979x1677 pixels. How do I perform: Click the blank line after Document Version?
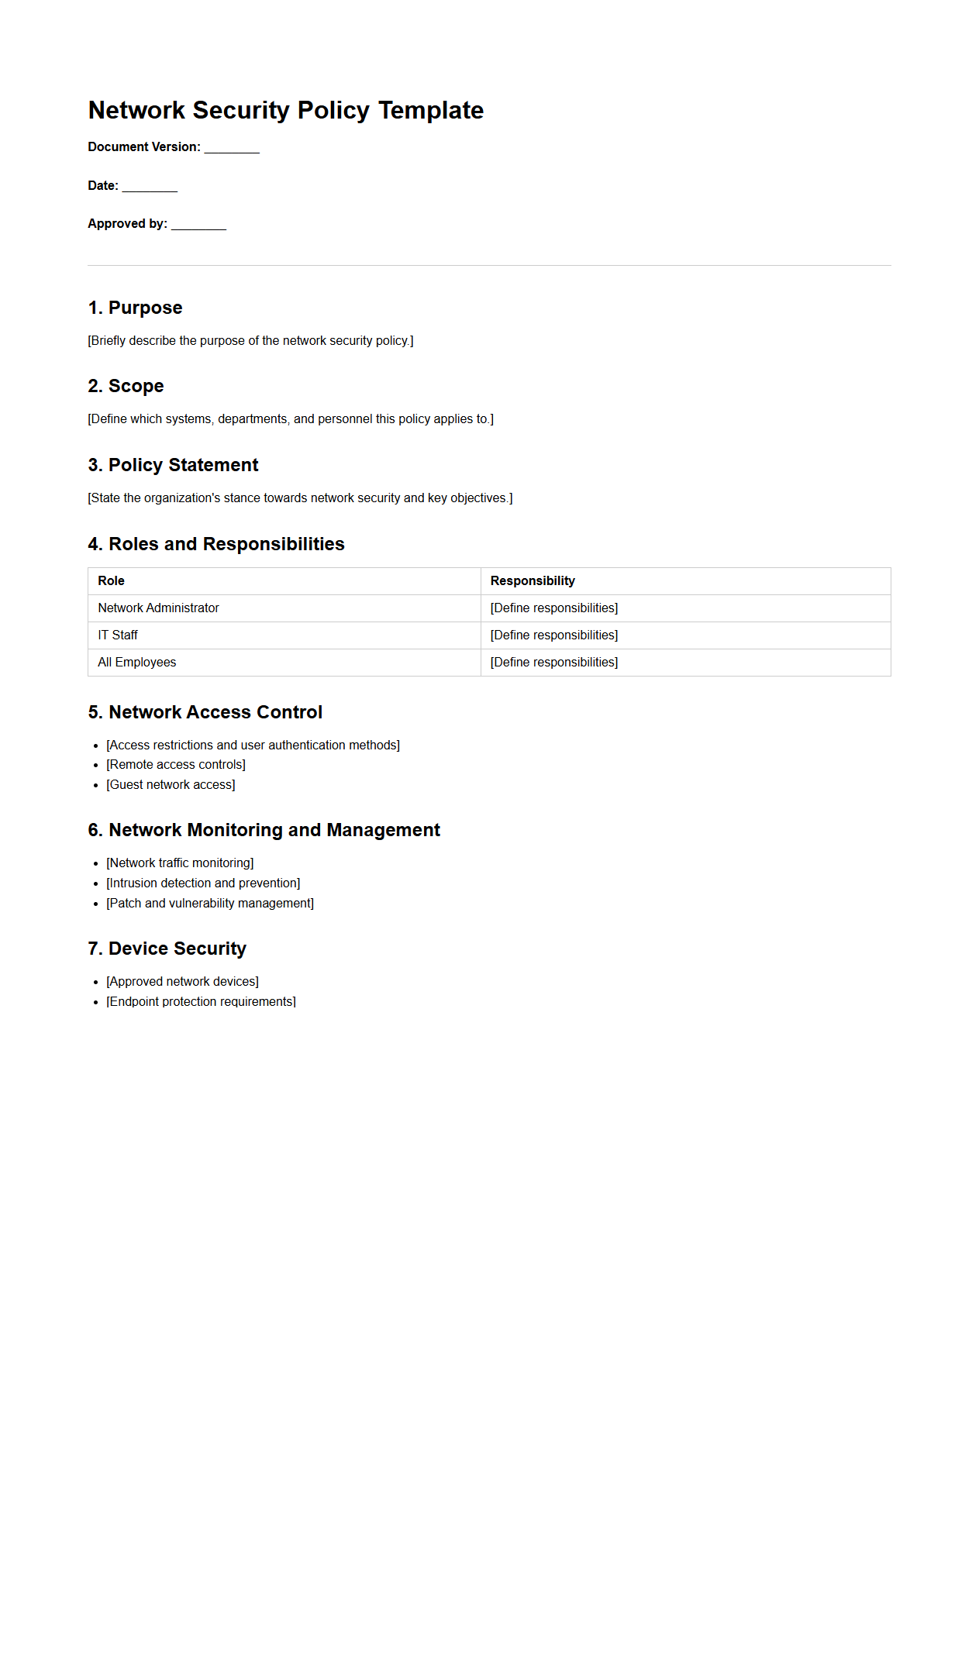(231, 148)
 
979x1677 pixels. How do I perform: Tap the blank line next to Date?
(150, 187)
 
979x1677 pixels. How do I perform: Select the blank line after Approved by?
(198, 225)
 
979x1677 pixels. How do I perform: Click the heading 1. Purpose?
(135, 308)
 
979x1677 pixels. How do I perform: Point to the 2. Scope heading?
(126, 386)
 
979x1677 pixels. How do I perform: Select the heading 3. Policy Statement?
(173, 465)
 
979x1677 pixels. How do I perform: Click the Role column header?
(111, 581)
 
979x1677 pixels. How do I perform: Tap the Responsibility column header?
(533, 581)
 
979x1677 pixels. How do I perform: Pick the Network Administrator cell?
(158, 608)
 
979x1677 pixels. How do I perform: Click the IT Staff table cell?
(118, 635)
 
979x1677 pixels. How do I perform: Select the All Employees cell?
(137, 663)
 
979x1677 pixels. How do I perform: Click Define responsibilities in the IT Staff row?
(553, 635)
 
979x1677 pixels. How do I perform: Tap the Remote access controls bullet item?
(176, 765)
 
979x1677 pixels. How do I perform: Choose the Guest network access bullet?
(171, 785)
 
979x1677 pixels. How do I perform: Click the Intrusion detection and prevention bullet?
(203, 883)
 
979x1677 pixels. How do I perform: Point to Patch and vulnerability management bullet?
(210, 904)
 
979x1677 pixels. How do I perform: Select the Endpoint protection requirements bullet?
(201, 1002)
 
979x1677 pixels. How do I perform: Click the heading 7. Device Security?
(167, 949)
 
